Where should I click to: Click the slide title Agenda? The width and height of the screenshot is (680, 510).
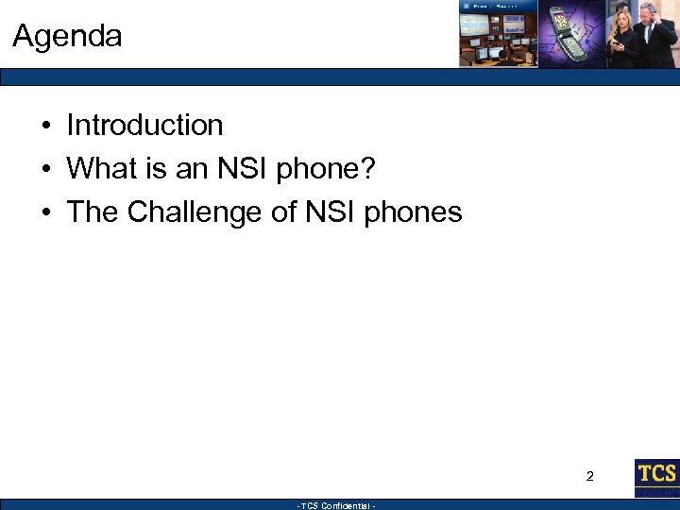tap(67, 37)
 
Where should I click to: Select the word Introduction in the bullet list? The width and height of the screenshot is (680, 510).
tap(144, 126)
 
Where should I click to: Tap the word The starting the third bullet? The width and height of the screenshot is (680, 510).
tap(92, 212)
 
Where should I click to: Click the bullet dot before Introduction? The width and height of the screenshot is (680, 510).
tap(44, 127)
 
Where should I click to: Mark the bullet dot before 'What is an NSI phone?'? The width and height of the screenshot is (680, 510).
tap(44, 170)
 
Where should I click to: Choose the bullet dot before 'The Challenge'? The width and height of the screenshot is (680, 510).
tap(44, 213)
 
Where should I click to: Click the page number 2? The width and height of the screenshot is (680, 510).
tap(590, 476)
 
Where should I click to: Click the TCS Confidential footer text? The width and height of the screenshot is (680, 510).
tap(337, 506)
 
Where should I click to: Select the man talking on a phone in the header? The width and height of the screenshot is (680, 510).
tap(658, 35)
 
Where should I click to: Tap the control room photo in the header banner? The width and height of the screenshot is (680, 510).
tap(498, 38)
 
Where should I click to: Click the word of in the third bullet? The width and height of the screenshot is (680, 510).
tap(284, 212)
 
